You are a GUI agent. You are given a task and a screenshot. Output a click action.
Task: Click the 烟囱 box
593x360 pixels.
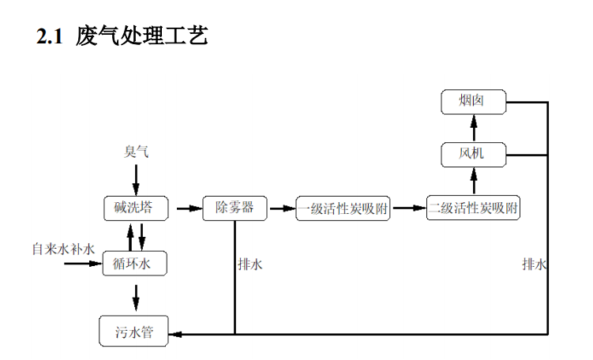coord(473,102)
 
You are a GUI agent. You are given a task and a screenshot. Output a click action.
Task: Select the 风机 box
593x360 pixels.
coord(472,153)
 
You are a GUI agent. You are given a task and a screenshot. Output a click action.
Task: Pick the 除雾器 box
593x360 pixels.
coord(235,208)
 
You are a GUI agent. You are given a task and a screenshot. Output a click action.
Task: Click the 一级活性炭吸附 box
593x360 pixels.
coord(343,209)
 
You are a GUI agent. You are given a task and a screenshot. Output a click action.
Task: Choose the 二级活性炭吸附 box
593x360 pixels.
coord(474,208)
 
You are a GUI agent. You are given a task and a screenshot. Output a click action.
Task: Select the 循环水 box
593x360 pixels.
coord(134,264)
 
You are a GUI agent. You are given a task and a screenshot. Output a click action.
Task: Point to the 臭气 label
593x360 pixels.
coord(136,152)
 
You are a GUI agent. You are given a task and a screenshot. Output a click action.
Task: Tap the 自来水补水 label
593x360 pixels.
coord(63,249)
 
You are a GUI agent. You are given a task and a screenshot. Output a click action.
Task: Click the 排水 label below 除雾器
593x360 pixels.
coord(250,265)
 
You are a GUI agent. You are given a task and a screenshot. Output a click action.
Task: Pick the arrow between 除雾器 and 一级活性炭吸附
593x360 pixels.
coord(280,209)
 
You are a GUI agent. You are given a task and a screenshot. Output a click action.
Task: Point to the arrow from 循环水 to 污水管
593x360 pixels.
coord(136,296)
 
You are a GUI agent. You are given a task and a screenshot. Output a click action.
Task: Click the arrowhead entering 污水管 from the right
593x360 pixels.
coord(178,333)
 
